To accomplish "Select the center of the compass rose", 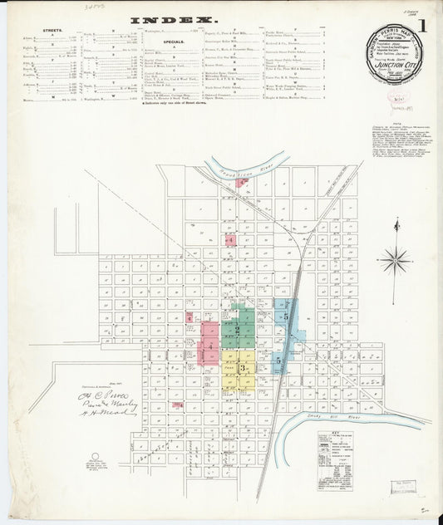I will tap(396, 259).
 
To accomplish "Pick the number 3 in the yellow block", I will tap(241, 368).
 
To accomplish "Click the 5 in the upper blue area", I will tap(286, 317).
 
